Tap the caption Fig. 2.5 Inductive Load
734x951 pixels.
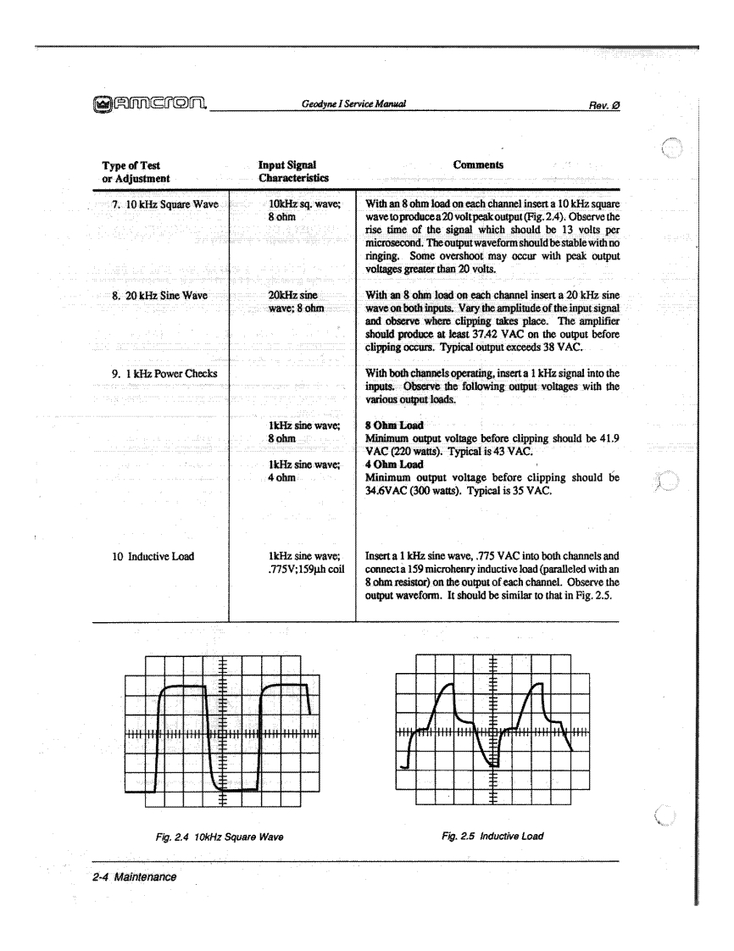click(492, 837)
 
